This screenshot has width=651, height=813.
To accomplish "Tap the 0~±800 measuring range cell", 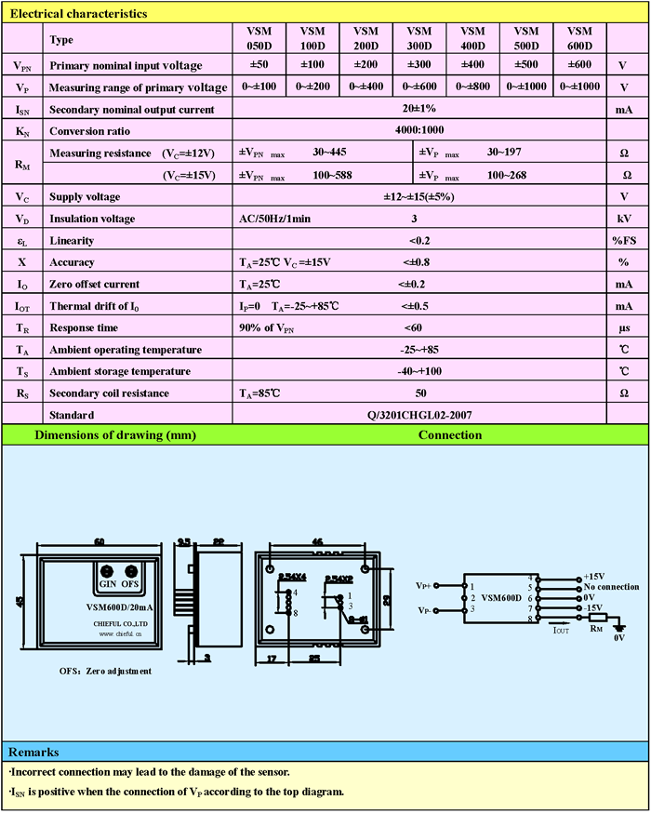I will point(473,87).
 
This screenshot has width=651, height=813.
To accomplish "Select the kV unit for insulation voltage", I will point(624,219).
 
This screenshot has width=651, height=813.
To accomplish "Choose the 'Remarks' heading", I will point(33,752).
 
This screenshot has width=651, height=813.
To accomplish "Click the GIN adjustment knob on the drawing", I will point(107,571).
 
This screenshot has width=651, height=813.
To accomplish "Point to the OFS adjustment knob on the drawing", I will point(131,571).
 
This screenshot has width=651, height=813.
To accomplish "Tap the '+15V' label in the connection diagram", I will point(594,577).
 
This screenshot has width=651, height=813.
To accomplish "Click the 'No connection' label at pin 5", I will point(609,587).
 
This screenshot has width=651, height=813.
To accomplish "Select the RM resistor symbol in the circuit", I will point(596,618).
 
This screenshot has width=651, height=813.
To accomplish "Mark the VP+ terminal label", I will point(423,587).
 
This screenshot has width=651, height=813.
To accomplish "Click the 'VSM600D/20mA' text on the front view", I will point(113,606).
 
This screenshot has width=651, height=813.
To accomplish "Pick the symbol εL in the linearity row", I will point(21,241).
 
